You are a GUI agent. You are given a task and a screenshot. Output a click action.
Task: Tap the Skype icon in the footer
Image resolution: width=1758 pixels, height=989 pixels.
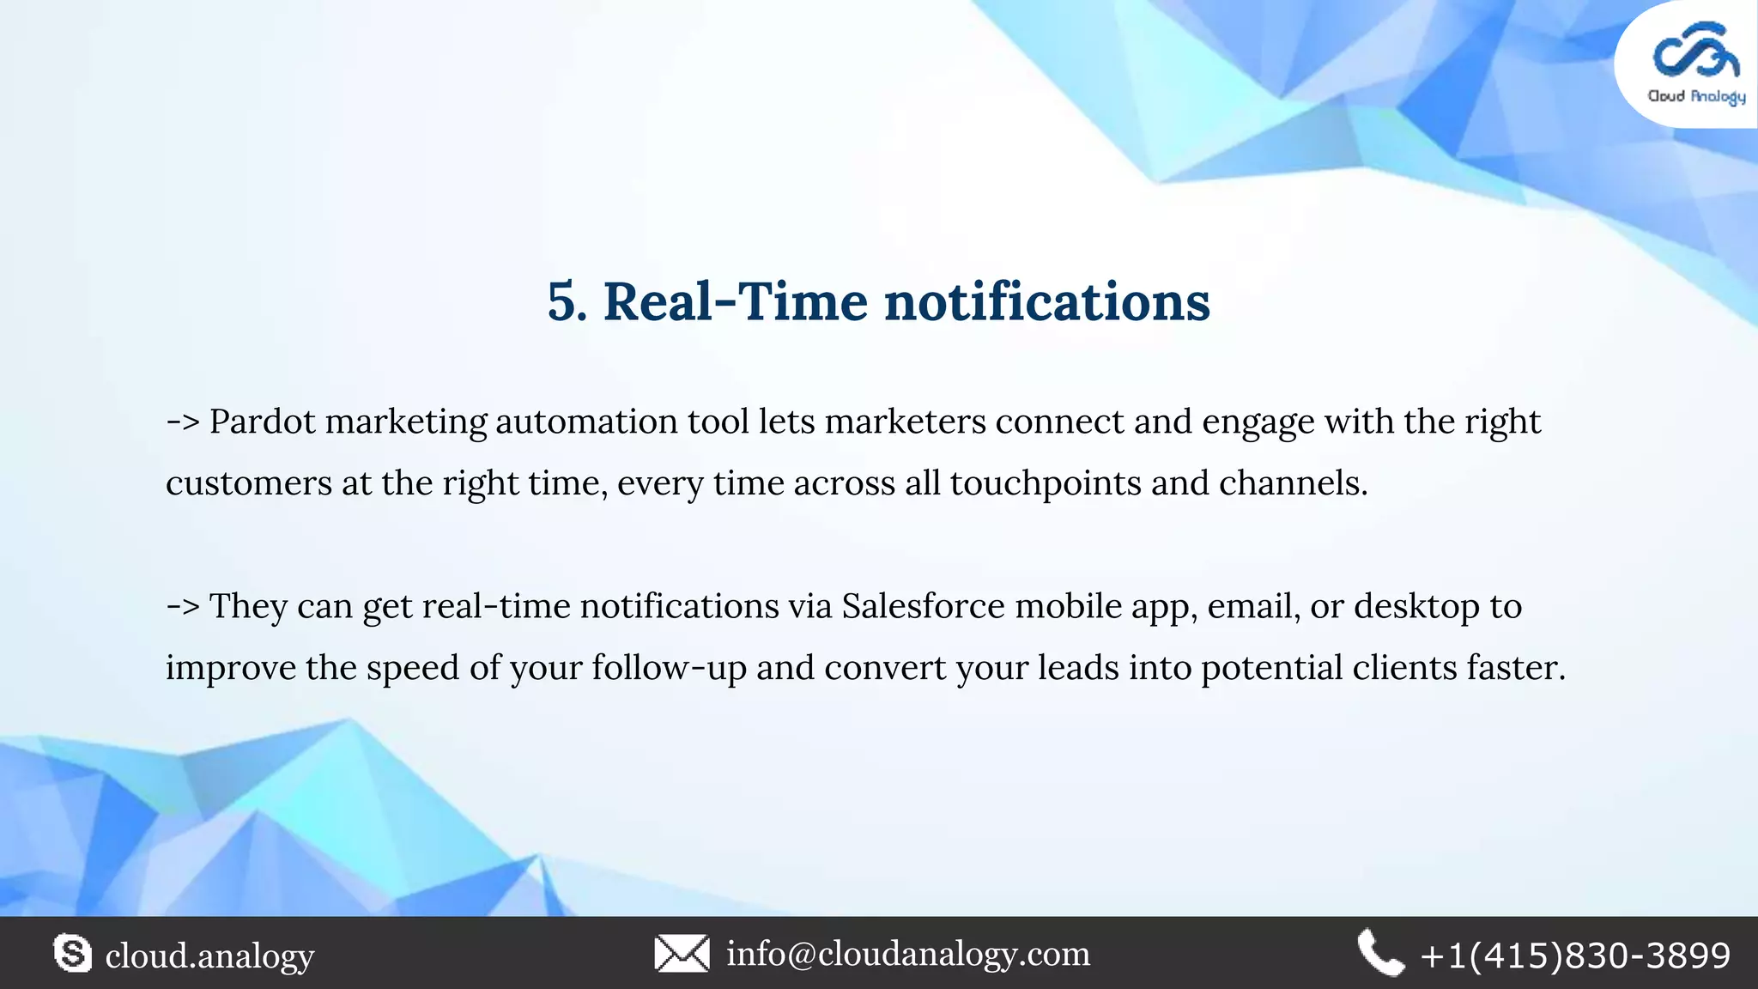pos(73,953)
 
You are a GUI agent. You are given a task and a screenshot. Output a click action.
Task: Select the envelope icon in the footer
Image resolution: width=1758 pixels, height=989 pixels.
pos(682,953)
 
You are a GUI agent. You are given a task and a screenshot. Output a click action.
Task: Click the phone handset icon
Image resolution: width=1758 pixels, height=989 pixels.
pos(1380,953)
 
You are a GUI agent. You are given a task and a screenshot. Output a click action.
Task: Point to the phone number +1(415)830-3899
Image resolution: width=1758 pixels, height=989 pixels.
pos(1575,956)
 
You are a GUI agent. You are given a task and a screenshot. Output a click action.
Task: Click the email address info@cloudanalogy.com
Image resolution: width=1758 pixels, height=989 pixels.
pos(908,953)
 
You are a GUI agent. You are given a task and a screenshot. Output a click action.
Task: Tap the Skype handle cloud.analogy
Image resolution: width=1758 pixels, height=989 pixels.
pos(209,956)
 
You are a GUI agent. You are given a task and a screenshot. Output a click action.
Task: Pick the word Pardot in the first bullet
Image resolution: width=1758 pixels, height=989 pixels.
pos(263,422)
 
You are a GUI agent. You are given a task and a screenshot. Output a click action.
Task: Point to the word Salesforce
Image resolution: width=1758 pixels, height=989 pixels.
pos(923,606)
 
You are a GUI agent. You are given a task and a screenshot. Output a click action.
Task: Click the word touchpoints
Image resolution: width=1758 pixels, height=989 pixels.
pos(1046,483)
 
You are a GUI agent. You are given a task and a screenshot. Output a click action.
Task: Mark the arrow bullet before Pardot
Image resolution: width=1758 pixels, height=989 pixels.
pos(182,422)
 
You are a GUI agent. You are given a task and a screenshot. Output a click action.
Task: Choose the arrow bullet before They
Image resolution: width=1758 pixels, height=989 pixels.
pos(182,607)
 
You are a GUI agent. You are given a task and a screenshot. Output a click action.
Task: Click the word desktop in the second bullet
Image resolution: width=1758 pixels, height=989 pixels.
pos(1416,606)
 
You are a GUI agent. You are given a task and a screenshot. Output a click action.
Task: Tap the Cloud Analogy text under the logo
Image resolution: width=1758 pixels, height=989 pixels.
pos(1696,96)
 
